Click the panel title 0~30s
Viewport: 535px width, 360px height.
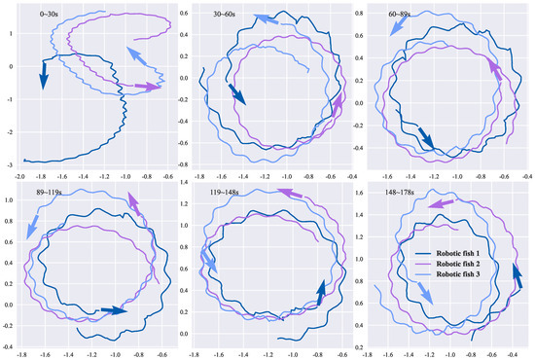tap(41, 15)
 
